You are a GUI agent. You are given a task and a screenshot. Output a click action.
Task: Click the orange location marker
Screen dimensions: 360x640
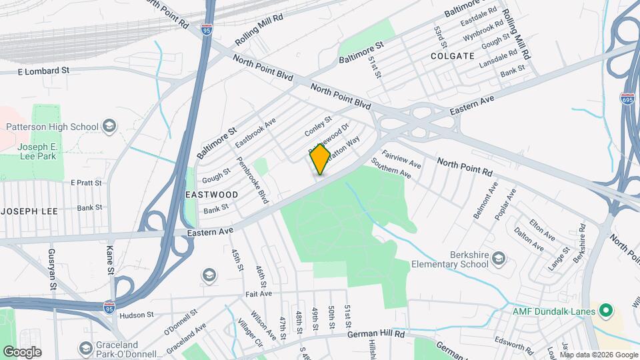pyautogui.click(x=320, y=159)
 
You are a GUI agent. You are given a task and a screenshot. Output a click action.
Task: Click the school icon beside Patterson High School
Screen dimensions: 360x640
pyautogui.click(x=109, y=126)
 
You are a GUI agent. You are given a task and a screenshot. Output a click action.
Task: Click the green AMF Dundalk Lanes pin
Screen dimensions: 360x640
pyautogui.click(x=605, y=310)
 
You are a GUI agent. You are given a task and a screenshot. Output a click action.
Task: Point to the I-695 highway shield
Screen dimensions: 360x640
pyautogui.click(x=627, y=99)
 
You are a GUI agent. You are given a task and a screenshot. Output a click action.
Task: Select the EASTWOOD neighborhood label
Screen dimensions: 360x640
pyautogui.click(x=212, y=195)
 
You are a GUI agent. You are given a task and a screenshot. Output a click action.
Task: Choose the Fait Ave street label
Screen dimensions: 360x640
pyautogui.click(x=257, y=293)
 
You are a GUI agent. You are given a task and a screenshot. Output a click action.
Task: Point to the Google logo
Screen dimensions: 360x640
pyautogui.click(x=22, y=352)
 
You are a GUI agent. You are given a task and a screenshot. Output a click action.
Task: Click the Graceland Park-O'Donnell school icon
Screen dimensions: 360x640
pyautogui.click(x=85, y=348)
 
